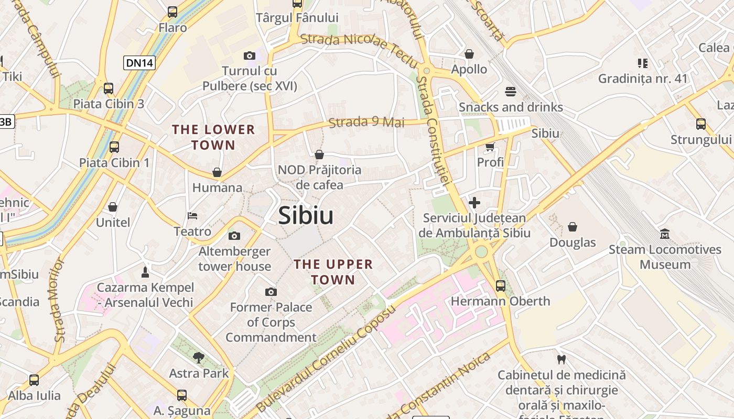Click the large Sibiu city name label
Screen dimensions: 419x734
click(306, 215)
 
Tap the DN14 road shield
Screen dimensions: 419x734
click(140, 63)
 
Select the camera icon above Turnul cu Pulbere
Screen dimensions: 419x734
click(250, 56)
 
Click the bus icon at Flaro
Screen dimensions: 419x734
click(172, 12)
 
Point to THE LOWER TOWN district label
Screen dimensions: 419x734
click(213, 137)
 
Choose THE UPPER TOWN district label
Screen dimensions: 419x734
click(333, 272)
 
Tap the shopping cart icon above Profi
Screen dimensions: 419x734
click(490, 147)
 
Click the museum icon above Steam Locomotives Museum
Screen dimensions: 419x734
click(665, 234)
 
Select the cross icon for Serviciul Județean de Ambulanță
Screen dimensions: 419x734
click(474, 203)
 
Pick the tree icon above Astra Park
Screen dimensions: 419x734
click(199, 358)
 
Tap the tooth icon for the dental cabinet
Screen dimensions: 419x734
click(562, 359)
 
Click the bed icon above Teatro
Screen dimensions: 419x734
click(192, 216)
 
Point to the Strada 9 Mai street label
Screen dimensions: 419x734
click(366, 123)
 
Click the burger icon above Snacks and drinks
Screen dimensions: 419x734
click(511, 92)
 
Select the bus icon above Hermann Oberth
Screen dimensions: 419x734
click(501, 286)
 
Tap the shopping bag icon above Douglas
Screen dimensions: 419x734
click(573, 227)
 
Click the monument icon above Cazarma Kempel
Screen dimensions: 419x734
click(145, 272)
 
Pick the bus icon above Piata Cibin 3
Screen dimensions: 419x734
click(109, 89)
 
